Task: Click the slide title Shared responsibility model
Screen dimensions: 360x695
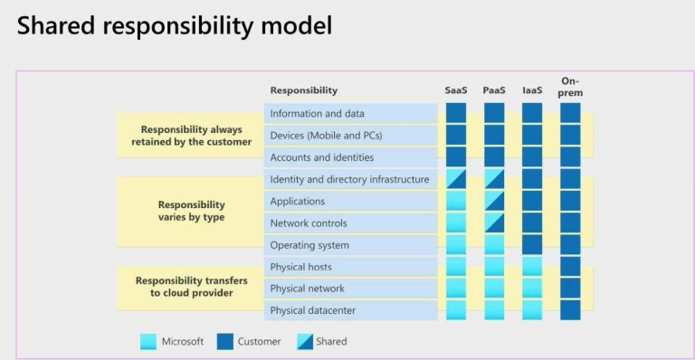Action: pyautogui.click(x=175, y=24)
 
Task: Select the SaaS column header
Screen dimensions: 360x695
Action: pyautogui.click(x=455, y=90)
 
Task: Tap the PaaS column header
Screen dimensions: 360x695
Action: pyautogui.click(x=493, y=90)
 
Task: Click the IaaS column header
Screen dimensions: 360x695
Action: pyautogui.click(x=531, y=90)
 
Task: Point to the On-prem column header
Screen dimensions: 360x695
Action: pyautogui.click(x=570, y=86)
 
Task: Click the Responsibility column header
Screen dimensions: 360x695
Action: pyautogui.click(x=303, y=90)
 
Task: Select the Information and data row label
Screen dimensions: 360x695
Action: pyautogui.click(x=317, y=113)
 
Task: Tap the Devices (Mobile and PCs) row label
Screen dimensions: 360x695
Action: pyautogui.click(x=326, y=136)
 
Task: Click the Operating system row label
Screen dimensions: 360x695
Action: pyautogui.click(x=309, y=245)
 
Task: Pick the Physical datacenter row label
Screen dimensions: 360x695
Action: pyautogui.click(x=312, y=310)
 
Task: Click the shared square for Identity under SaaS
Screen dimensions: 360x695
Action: pyautogui.click(x=456, y=178)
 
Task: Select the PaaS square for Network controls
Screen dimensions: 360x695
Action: pyautogui.click(x=494, y=223)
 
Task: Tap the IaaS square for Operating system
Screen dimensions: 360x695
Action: pyautogui.click(x=532, y=244)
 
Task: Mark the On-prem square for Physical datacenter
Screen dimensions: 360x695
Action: pyautogui.click(x=570, y=310)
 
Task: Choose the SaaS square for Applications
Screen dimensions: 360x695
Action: pyautogui.click(x=456, y=201)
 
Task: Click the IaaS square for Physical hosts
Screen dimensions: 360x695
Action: pyautogui.click(x=532, y=267)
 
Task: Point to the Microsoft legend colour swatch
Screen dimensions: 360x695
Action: pyautogui.click(x=148, y=341)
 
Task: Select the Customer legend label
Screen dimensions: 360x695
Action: pyautogui.click(x=259, y=341)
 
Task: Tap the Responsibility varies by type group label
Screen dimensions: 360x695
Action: pyautogui.click(x=191, y=211)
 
